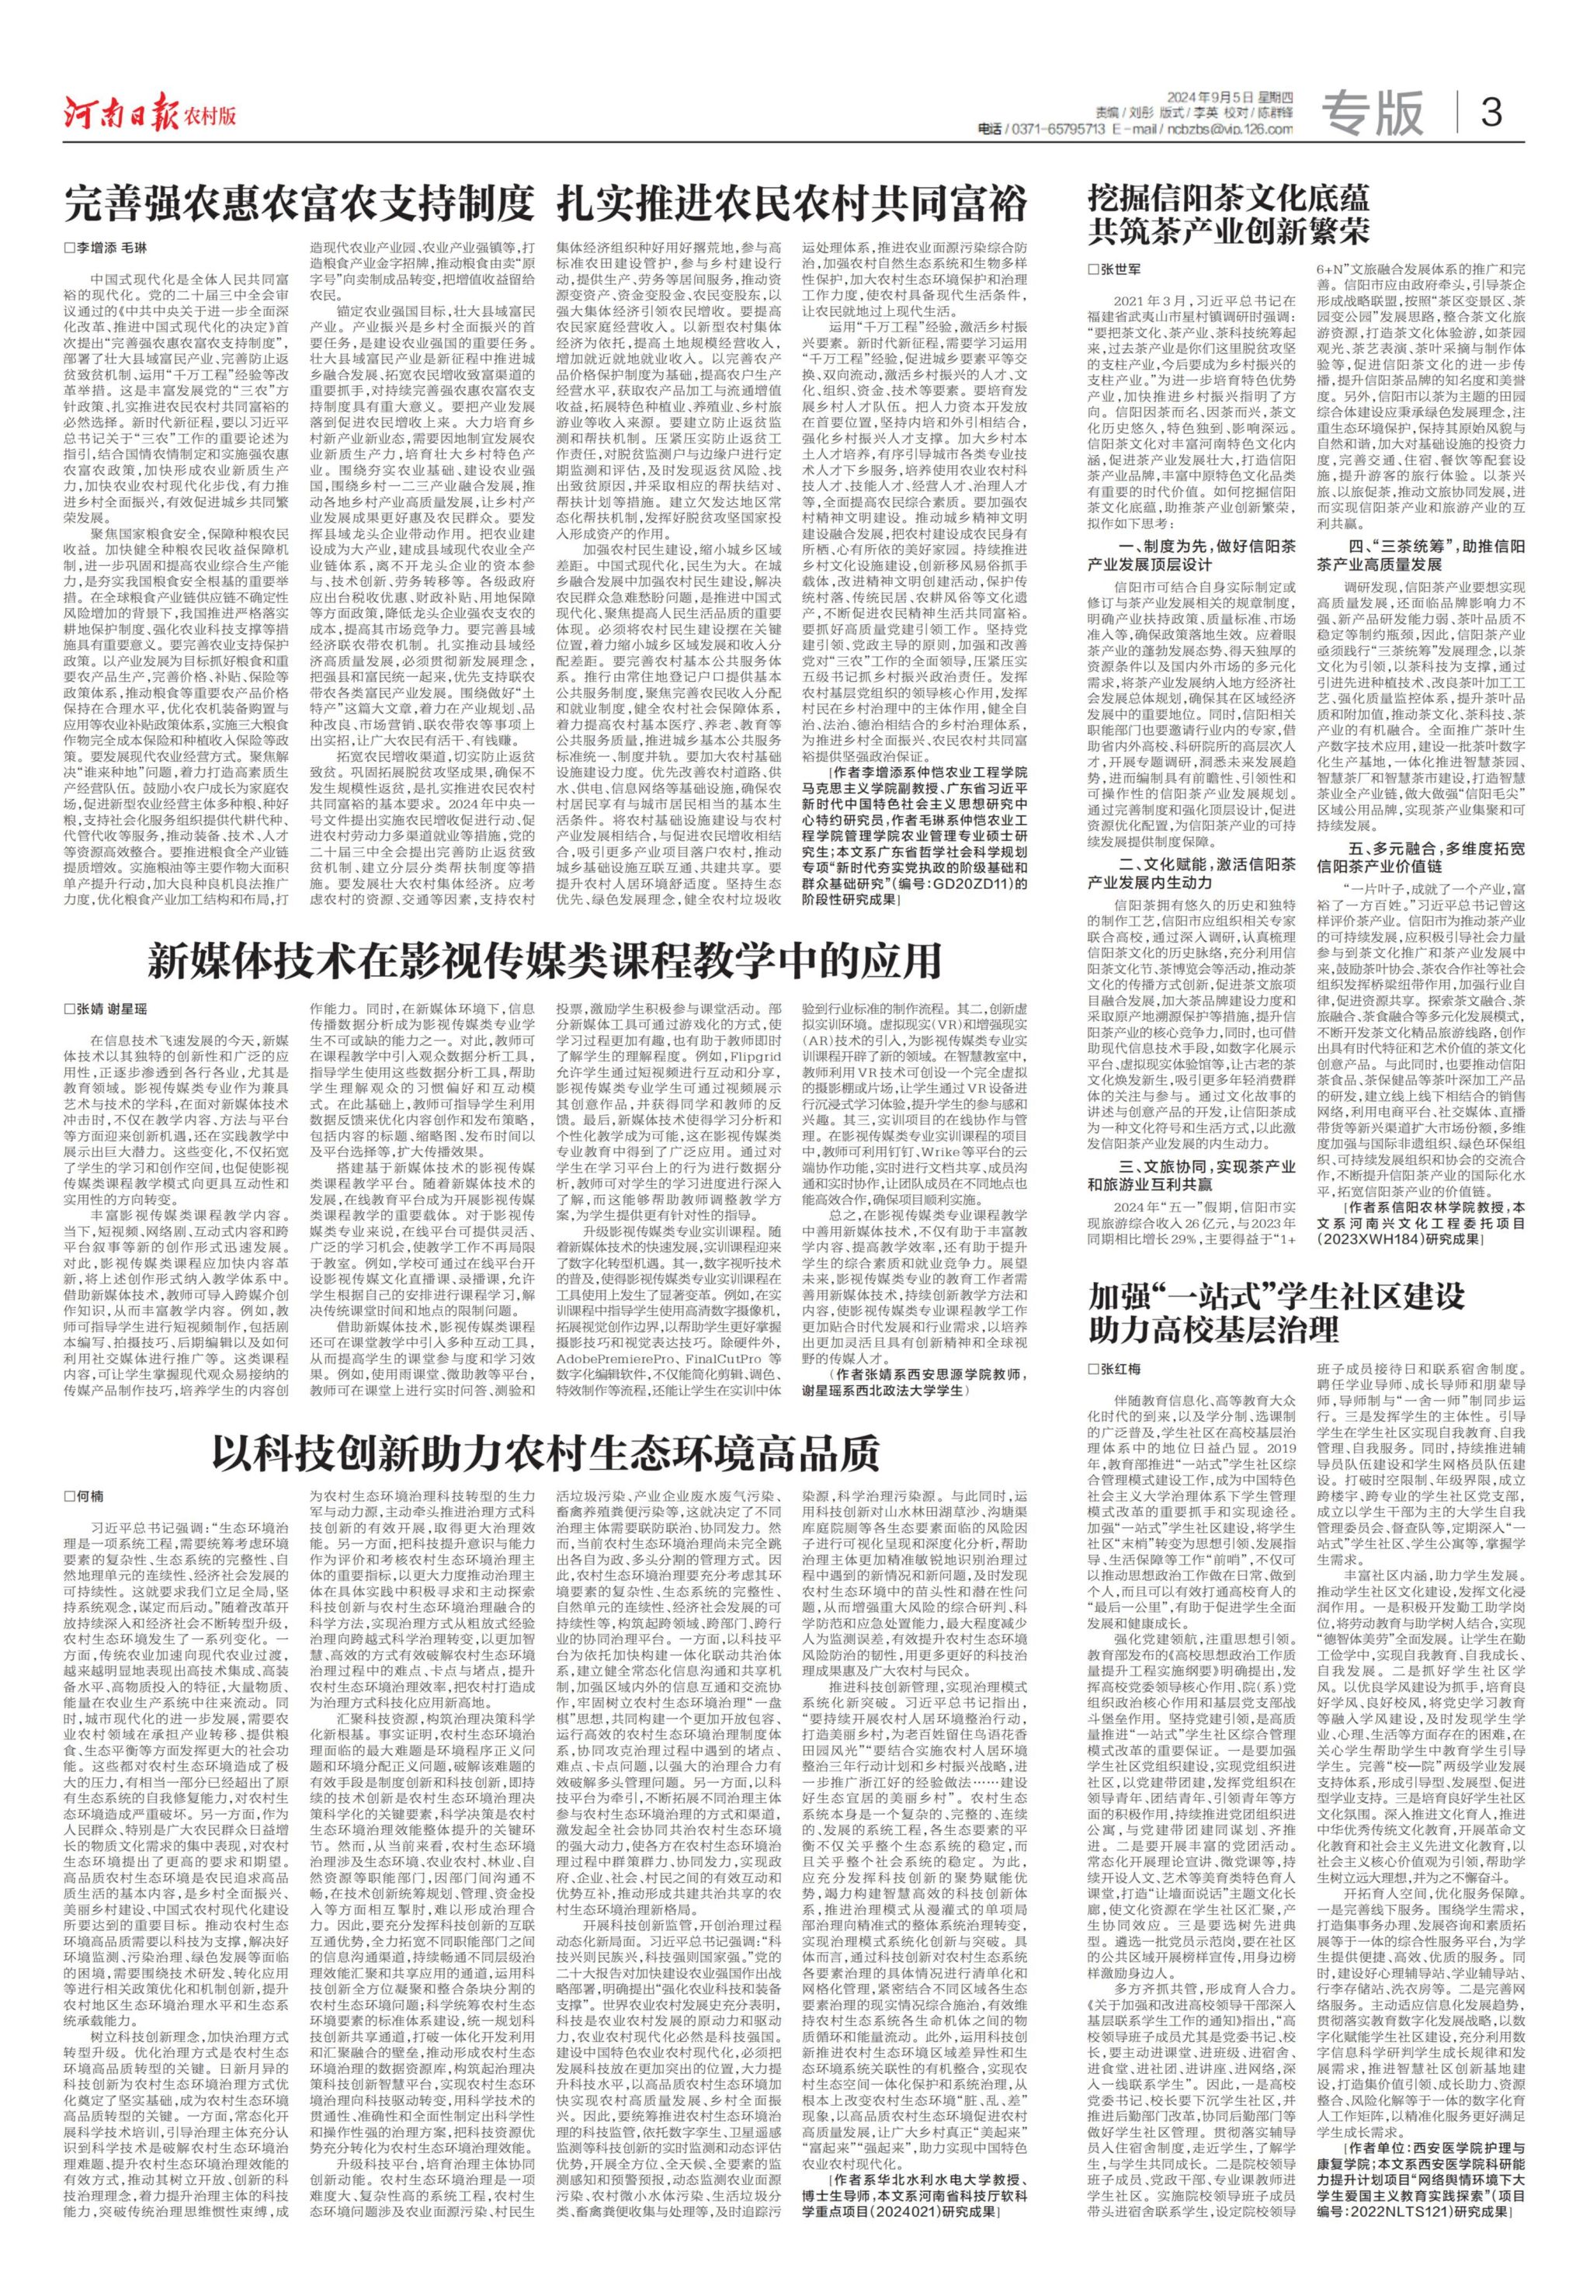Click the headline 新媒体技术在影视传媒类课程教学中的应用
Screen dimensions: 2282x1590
click(x=544, y=961)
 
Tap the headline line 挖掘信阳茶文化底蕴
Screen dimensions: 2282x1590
click(x=1228, y=196)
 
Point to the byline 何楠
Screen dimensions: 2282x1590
click(x=89, y=1495)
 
